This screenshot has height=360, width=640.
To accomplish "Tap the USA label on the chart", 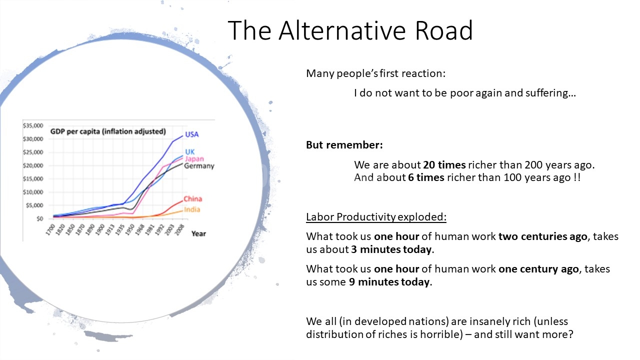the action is pos(191,134).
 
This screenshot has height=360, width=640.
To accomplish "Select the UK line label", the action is pos(189,151).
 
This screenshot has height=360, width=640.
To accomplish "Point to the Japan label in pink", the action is pos(194,159).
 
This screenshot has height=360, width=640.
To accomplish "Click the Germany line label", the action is pos(199,166).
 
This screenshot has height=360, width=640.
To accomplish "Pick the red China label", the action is pos(192,198).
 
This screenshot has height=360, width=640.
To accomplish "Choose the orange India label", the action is pos(192,209).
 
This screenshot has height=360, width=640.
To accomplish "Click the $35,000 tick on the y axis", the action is pos(33,125).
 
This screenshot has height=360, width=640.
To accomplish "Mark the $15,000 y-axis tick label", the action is pos(33,179).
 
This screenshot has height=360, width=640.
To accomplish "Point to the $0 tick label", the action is pos(39,219).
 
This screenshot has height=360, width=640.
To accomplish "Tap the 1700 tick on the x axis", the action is pos(50,229).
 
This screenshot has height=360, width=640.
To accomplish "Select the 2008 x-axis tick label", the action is pos(179,229).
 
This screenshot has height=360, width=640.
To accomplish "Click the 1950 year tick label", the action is pos(130,229).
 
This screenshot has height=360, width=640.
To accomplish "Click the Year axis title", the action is pos(198,233).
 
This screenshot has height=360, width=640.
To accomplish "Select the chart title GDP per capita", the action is pos(108,131).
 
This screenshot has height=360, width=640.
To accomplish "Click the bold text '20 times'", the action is pos(444,165).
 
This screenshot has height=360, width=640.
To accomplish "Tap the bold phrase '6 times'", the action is pos(426,177).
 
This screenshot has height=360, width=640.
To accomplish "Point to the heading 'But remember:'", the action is pos(344,145).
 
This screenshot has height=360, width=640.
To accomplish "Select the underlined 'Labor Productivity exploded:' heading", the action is pos(376,217).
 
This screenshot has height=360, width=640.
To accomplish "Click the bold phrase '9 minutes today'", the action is pos(389,282).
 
